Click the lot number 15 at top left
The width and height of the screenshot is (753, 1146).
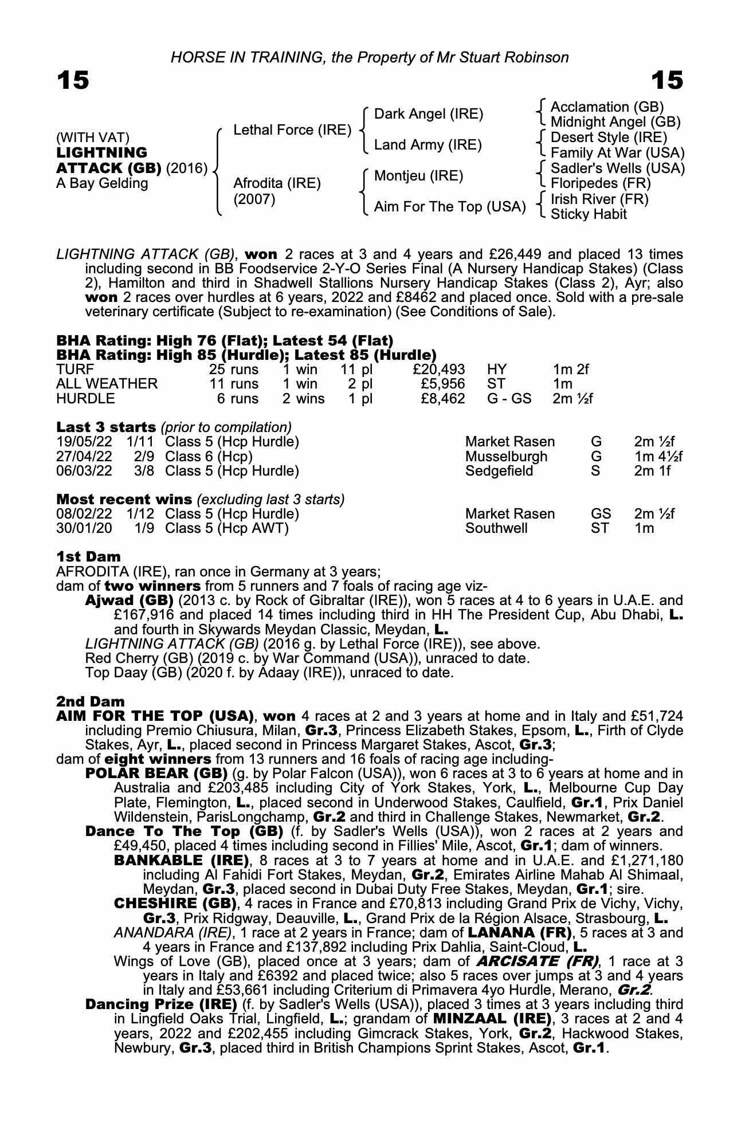[x=73, y=80]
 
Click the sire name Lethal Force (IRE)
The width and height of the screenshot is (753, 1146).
[x=292, y=130]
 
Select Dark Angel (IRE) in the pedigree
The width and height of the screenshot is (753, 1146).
[x=428, y=114]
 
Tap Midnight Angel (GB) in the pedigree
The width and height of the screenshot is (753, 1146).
[x=615, y=122]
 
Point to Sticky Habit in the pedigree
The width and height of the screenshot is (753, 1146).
[x=589, y=214]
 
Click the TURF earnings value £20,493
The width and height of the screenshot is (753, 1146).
[x=438, y=370]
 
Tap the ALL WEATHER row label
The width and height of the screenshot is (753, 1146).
[x=107, y=384]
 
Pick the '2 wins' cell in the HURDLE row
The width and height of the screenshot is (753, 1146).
[x=303, y=399]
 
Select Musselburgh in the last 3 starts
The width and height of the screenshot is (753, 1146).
[x=506, y=457]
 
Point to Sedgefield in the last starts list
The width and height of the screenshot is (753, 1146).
[x=499, y=471]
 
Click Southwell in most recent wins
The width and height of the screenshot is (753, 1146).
[x=496, y=528]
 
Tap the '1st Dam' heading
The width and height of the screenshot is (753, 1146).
[x=88, y=557]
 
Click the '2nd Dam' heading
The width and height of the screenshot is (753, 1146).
[x=90, y=701]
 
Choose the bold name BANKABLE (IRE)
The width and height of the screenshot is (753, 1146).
[x=182, y=860]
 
